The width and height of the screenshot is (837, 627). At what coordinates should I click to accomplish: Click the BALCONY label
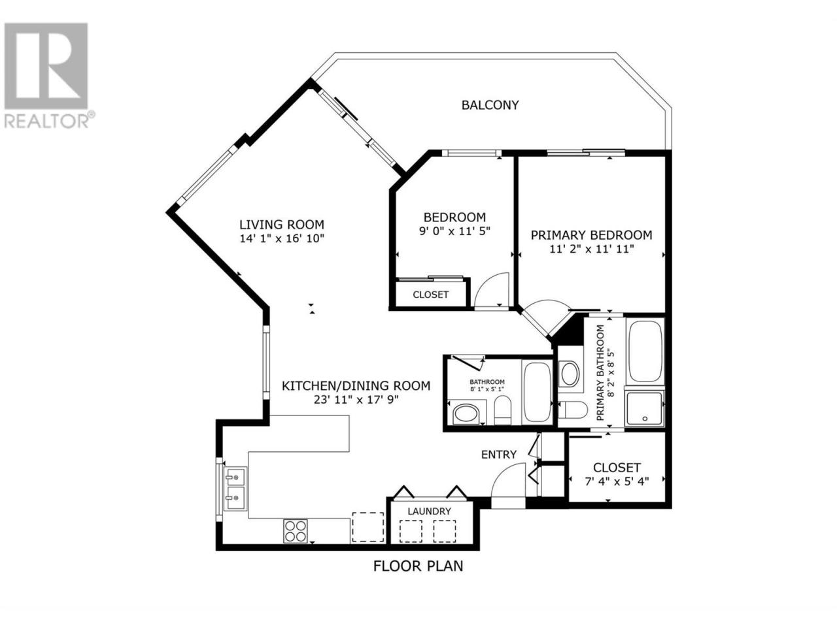click(490, 105)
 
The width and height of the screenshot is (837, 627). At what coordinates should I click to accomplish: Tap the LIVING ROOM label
click(281, 224)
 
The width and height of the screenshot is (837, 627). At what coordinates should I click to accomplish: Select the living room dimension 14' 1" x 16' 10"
click(281, 238)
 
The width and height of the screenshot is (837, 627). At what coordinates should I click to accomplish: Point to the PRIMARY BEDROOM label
click(591, 235)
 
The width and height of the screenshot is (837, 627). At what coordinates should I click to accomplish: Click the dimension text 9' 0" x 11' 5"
click(454, 231)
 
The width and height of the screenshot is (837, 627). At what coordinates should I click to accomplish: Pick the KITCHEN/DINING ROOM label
click(356, 385)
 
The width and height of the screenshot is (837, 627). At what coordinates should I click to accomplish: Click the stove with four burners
click(295, 531)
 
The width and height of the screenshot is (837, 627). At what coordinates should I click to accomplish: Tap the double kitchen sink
click(235, 489)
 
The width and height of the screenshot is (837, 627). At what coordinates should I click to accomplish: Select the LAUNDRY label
click(429, 511)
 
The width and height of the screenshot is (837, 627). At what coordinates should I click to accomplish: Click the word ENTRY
click(499, 454)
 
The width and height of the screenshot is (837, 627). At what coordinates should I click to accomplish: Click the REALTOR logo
click(46, 75)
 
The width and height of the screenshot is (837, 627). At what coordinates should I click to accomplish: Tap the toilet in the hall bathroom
click(502, 410)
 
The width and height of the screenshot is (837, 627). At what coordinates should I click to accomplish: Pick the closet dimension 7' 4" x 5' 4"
click(617, 481)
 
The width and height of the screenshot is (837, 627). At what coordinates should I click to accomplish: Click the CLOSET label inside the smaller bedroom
click(430, 295)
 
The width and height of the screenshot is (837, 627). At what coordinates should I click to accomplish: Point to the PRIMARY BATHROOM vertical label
click(606, 373)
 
